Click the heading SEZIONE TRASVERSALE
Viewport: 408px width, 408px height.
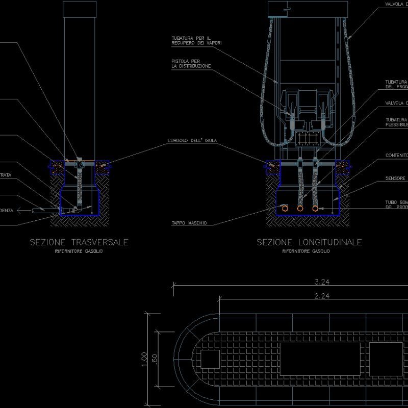79,242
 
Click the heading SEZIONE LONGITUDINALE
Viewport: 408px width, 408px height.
309,242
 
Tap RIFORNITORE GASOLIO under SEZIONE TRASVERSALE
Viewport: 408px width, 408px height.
78,251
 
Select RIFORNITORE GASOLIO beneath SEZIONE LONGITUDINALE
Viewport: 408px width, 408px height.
306,251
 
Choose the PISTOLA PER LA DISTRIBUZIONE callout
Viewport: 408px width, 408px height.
191,63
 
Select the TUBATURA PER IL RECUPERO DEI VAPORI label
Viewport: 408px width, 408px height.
198,40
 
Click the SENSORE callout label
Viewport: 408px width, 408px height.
396,178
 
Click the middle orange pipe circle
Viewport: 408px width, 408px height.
300,209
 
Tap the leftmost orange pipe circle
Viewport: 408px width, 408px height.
285,209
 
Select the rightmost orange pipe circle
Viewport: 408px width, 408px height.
316,209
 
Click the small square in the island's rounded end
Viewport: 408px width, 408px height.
210,359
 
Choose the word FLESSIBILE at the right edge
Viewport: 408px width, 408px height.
396,124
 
